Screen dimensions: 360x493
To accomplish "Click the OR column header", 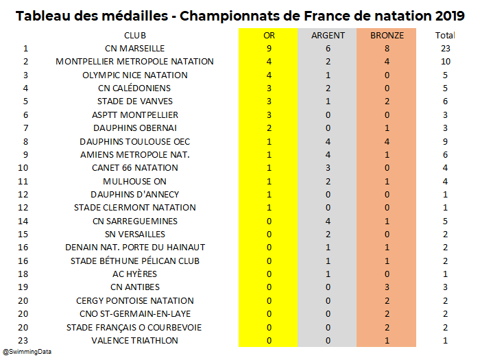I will (x=269, y=35).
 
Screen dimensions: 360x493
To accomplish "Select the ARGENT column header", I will (x=328, y=35).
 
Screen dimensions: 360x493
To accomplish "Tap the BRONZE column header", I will (x=387, y=35).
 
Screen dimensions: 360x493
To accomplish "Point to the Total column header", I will (x=445, y=35).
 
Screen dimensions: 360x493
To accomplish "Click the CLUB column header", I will (x=135, y=35).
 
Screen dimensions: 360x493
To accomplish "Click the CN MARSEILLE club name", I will (x=135, y=48).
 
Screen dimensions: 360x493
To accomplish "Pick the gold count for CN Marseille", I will (x=269, y=48).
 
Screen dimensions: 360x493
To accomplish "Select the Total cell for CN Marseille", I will (x=445, y=48).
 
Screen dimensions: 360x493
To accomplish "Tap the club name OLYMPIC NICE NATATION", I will (x=135, y=75).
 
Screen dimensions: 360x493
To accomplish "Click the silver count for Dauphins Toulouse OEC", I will (x=328, y=141).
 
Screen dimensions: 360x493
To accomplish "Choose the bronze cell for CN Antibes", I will (x=387, y=287).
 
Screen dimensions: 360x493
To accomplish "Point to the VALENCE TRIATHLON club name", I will (x=135, y=341).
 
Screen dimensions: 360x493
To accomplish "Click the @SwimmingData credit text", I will (x=27, y=352).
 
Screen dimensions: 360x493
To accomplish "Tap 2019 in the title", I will (x=445, y=15).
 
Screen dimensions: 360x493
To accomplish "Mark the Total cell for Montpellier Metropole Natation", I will (x=445, y=62).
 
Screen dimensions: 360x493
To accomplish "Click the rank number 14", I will (x=25, y=221).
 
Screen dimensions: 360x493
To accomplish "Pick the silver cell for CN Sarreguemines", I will (x=328, y=221).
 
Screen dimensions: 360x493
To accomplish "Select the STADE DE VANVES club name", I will (x=135, y=101).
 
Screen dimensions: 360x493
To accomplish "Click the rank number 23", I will (x=25, y=341).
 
